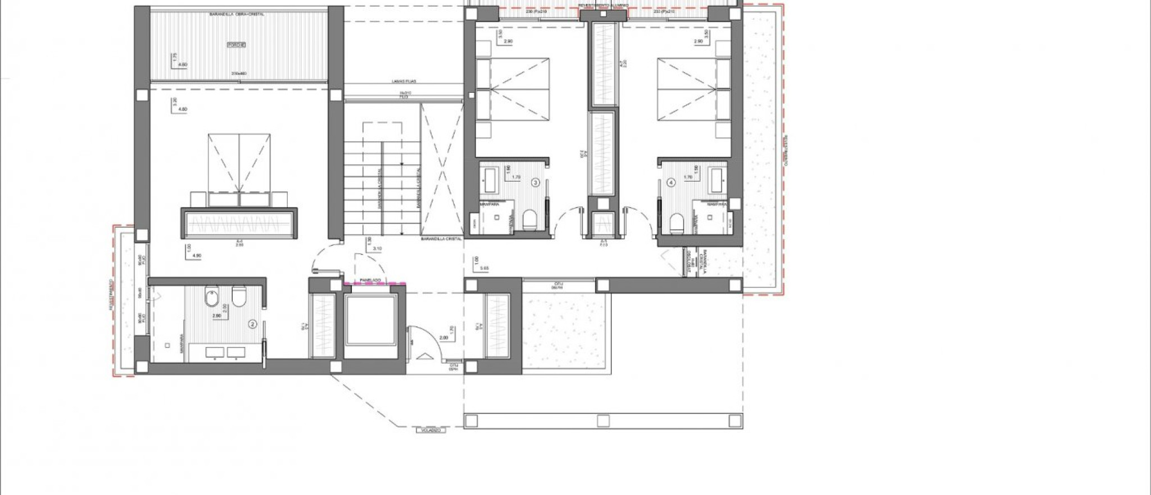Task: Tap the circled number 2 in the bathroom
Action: pos(253,324)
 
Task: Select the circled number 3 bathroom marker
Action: pos(535,182)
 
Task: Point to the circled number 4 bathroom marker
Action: pos(670,182)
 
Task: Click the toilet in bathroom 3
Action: pos(530,220)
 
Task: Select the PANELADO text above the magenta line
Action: pos(370,280)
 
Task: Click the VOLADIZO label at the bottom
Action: pos(431,430)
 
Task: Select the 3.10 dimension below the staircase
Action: pos(377,248)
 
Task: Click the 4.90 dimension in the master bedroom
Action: pos(197,256)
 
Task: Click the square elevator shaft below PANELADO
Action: pos(371,321)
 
